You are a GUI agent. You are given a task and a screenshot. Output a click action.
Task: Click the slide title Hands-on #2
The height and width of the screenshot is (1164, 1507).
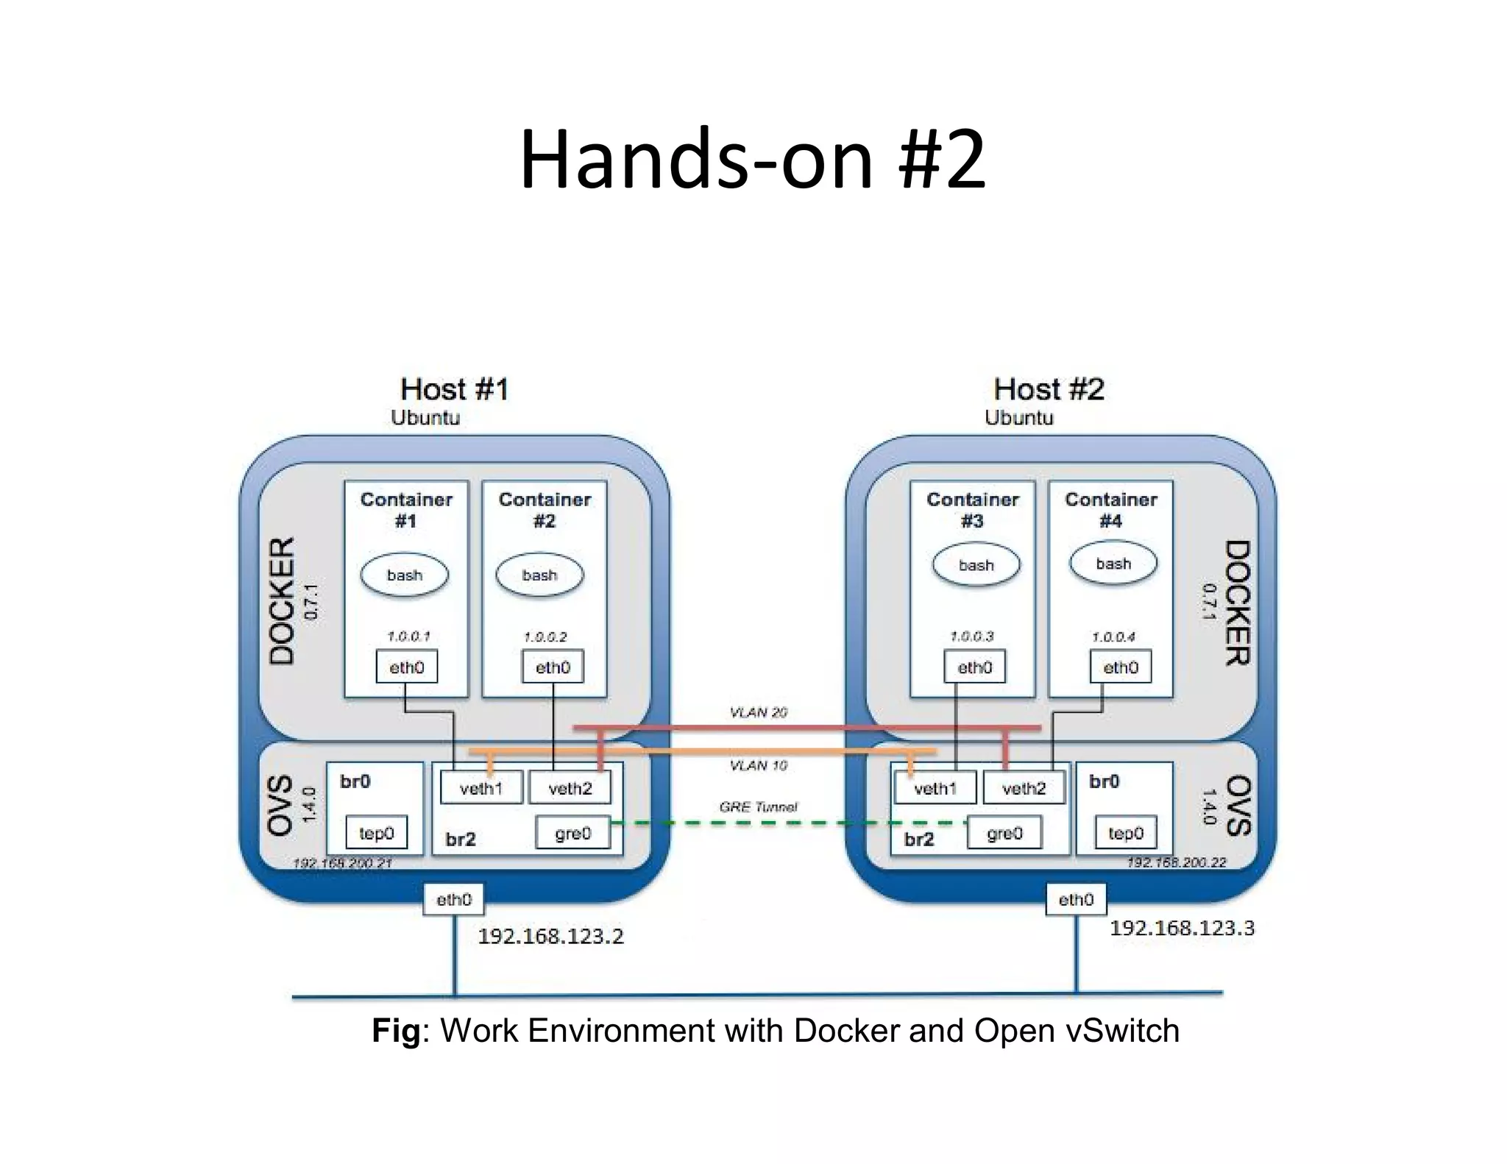click(x=752, y=160)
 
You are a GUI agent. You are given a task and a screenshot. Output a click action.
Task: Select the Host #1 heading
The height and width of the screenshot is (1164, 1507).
click(x=454, y=389)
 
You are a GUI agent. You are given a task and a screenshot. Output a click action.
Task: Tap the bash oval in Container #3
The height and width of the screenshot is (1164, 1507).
click(x=976, y=566)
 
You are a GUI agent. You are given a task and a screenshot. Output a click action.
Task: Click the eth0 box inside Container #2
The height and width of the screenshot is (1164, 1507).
click(x=553, y=667)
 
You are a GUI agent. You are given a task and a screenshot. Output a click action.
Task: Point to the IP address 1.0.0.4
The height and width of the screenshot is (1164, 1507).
click(x=1113, y=637)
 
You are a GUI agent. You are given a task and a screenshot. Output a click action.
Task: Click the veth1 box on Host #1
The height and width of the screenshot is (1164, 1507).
click(x=481, y=789)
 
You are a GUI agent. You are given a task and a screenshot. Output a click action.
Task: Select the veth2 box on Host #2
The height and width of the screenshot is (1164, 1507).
click(x=1024, y=789)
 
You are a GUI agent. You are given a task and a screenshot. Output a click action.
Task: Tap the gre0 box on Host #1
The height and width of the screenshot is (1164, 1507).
click(x=572, y=833)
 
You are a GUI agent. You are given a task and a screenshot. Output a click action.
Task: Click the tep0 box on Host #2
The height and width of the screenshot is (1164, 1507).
click(x=1124, y=833)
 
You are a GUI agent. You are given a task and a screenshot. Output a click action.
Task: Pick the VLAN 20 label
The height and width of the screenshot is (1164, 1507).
click(x=758, y=712)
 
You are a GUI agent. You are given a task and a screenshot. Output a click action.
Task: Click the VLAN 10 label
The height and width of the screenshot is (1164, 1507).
click(x=758, y=765)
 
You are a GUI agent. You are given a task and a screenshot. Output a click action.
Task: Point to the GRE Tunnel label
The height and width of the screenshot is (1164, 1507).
click(x=758, y=807)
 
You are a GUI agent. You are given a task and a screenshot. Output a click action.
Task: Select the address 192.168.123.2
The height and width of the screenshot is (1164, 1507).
click(x=550, y=936)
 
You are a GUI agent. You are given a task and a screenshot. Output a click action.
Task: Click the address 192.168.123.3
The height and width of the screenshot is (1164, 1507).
click(x=1182, y=928)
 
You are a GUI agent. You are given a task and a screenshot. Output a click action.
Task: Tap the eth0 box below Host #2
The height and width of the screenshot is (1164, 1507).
click(x=1076, y=900)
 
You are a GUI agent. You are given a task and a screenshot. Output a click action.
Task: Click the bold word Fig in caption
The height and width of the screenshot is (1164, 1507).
click(x=396, y=1031)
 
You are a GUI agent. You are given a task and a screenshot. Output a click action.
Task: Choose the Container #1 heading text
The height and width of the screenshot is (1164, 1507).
click(x=406, y=510)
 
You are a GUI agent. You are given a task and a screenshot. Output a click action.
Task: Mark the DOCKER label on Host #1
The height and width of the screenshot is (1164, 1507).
click(x=283, y=601)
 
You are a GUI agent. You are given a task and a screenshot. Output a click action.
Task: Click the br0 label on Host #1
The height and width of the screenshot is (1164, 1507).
click(x=355, y=781)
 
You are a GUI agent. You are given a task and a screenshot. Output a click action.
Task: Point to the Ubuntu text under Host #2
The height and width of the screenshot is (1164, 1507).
click(x=1018, y=418)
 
